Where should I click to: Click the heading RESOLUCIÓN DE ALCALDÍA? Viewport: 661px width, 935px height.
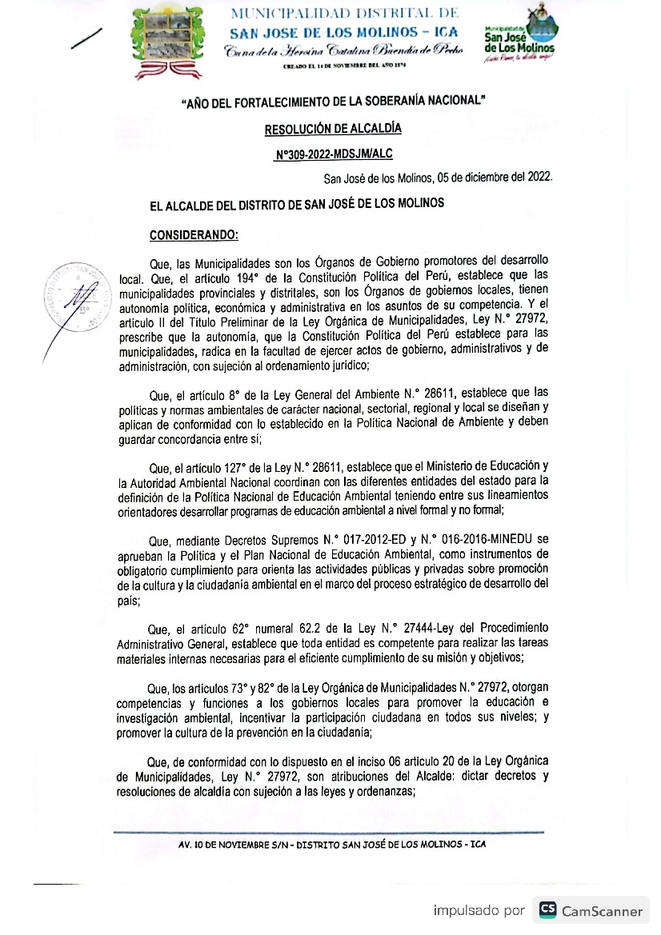click(333, 128)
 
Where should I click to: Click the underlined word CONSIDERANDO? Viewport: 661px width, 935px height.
click(194, 235)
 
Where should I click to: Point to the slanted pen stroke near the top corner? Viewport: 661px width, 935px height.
click(86, 38)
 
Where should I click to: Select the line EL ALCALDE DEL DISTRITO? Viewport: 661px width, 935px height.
click(296, 204)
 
